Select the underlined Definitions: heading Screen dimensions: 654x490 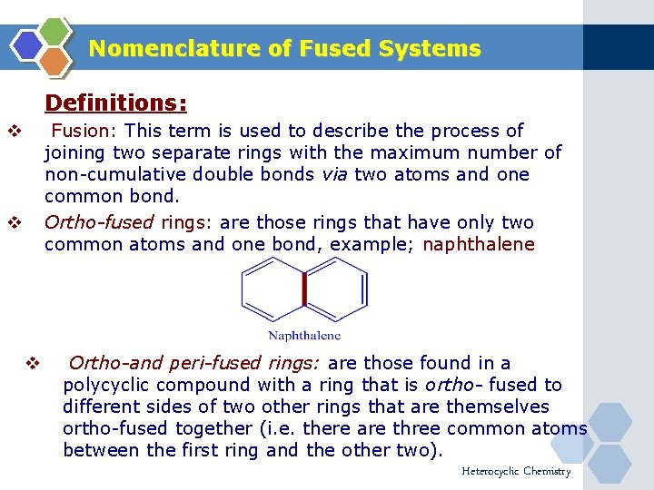[x=115, y=103]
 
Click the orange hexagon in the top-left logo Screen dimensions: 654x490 [x=55, y=61]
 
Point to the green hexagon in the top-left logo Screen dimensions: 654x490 [x=55, y=30]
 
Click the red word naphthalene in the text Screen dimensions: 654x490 [x=479, y=244]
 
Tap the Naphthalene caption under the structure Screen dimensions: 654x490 [x=304, y=335]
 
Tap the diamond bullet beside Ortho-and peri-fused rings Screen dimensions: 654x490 [x=32, y=364]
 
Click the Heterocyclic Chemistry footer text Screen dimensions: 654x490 [x=516, y=471]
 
